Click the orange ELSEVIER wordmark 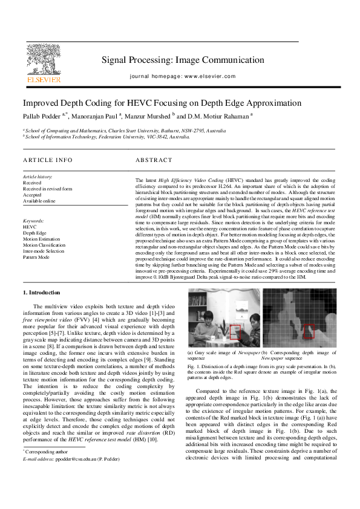click(x=43, y=79)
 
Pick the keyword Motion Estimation click(x=41, y=239)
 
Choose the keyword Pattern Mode click(x=36, y=257)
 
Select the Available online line click(x=40, y=201)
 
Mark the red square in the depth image click(x=309, y=331)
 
